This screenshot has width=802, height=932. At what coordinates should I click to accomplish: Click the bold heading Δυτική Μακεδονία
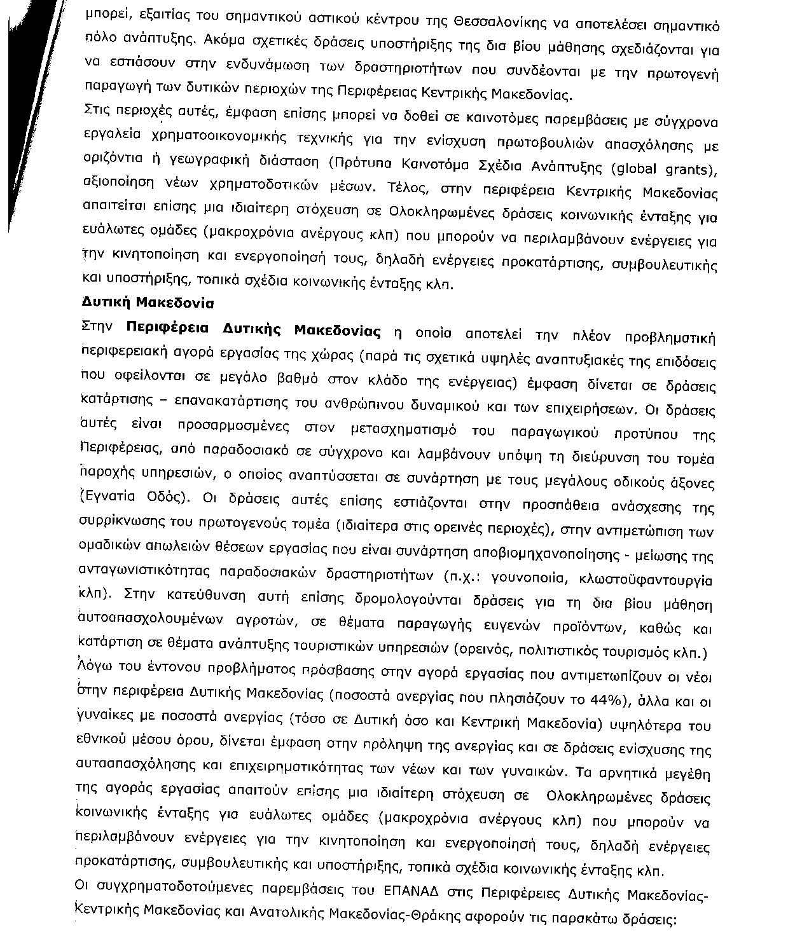148,304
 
